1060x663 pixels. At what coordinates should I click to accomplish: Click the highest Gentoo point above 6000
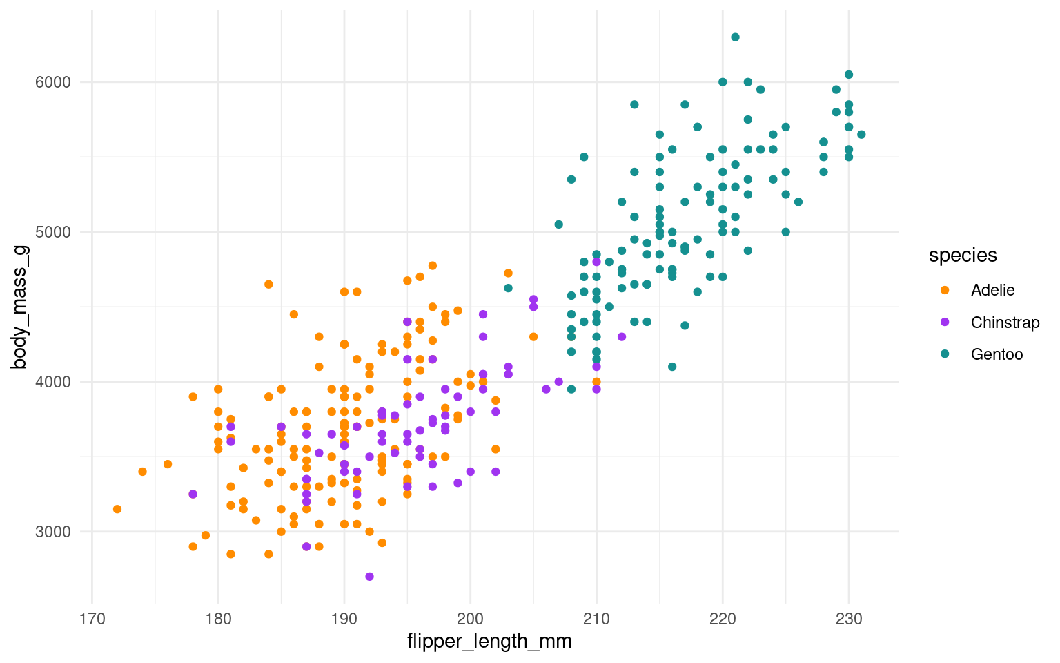(735, 37)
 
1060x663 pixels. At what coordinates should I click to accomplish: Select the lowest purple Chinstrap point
(369, 577)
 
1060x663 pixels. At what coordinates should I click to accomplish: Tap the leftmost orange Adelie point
(117, 509)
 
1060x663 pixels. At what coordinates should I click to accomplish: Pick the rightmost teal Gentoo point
(861, 135)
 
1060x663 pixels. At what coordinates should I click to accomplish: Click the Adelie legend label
(992, 290)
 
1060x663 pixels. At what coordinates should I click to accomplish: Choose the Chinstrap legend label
(1005, 323)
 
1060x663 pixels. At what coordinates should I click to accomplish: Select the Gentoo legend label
(997, 354)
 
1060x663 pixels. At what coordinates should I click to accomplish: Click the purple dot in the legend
(945, 323)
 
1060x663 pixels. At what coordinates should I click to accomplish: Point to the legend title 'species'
(963, 256)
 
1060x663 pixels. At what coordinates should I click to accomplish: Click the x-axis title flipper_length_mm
(489, 642)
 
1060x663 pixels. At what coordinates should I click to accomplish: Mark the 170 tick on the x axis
(92, 619)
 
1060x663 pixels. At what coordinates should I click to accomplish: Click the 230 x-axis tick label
(849, 619)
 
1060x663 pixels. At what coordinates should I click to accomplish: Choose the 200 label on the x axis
(471, 619)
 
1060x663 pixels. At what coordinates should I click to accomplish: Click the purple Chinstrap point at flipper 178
(193, 494)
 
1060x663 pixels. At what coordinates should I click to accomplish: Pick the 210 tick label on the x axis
(596, 619)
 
